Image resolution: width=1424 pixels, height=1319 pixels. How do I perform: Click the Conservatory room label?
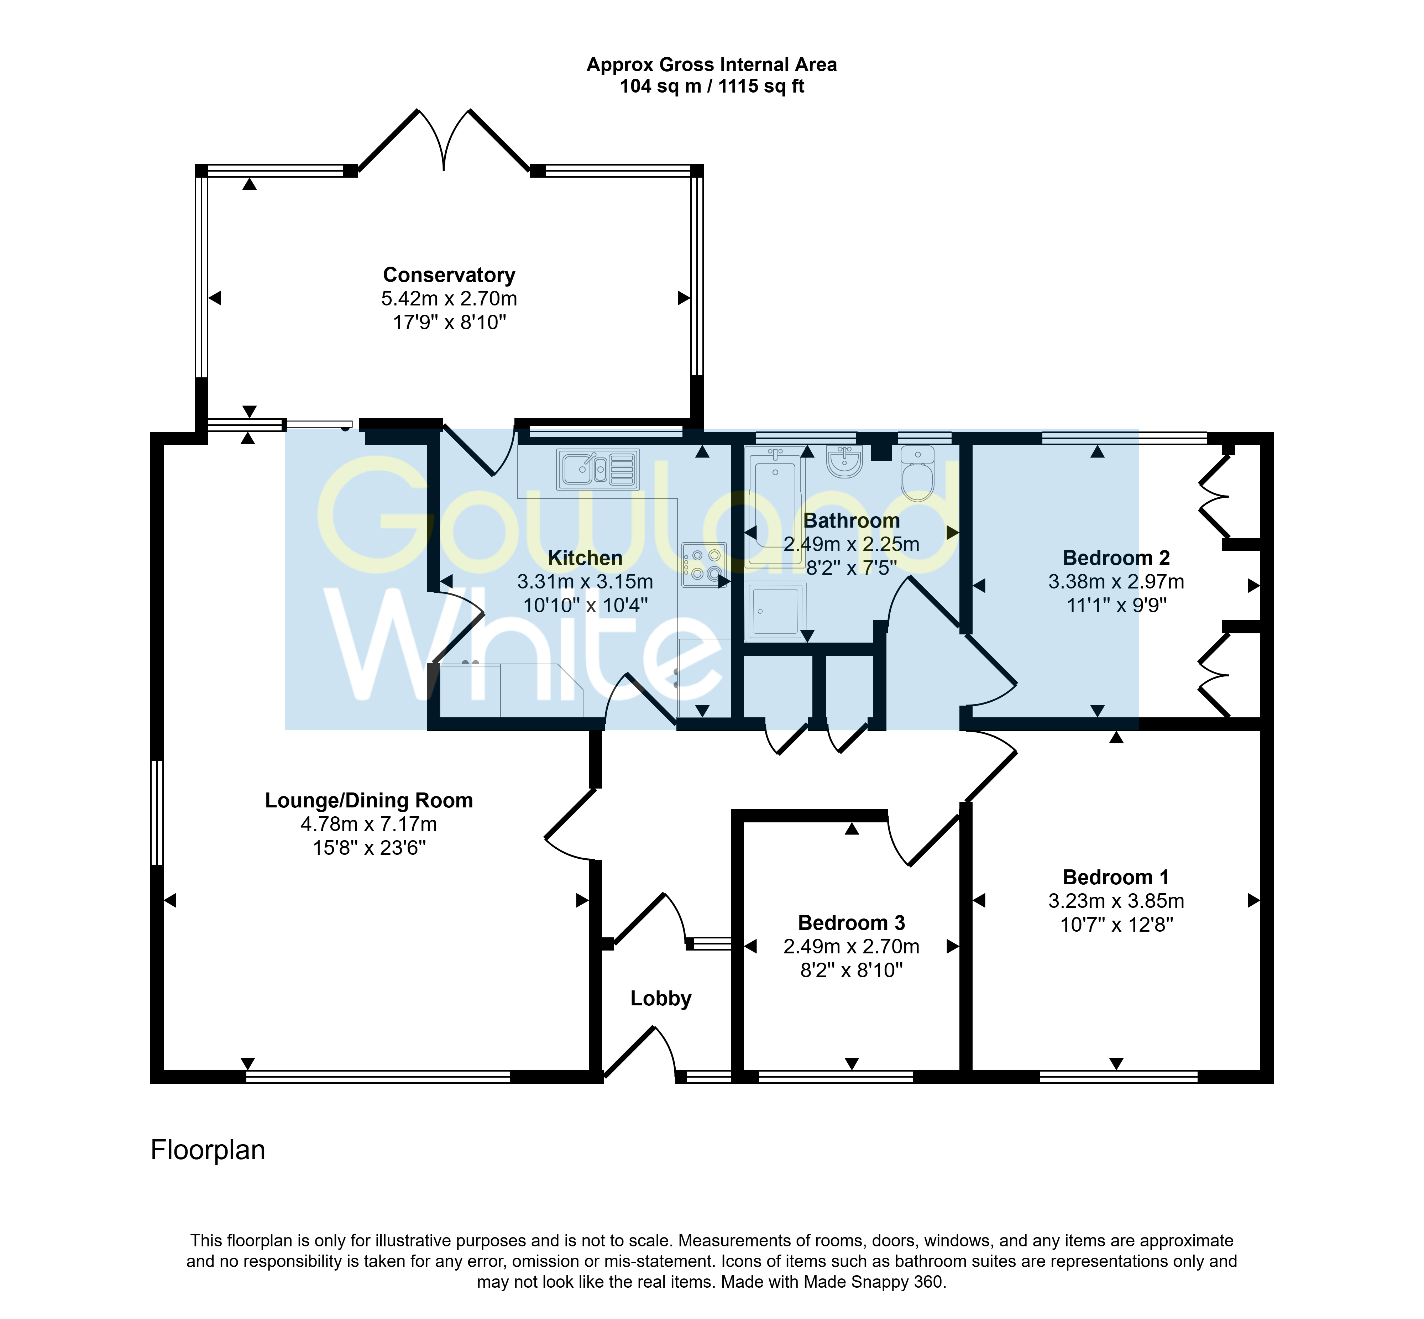[x=449, y=275]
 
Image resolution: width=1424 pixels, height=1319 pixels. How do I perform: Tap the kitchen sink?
[x=597, y=469]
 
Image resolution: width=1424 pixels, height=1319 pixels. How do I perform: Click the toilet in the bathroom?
[x=917, y=472]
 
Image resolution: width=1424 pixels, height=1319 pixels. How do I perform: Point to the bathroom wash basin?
[x=845, y=462]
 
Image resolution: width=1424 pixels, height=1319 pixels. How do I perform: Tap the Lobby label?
[x=661, y=999]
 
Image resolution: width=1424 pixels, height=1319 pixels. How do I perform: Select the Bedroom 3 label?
[x=852, y=923]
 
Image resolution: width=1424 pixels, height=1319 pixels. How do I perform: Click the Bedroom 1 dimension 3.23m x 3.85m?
[x=1116, y=901]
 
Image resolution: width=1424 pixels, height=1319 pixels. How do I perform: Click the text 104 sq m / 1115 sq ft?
[x=712, y=87]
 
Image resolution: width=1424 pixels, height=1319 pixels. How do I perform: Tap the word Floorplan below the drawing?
[x=208, y=1150]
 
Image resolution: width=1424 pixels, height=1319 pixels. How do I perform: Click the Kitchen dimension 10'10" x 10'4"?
[x=585, y=605]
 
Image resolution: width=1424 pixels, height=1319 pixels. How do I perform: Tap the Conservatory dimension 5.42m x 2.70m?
[x=449, y=298]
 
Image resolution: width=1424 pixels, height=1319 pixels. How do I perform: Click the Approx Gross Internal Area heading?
[x=712, y=65]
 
